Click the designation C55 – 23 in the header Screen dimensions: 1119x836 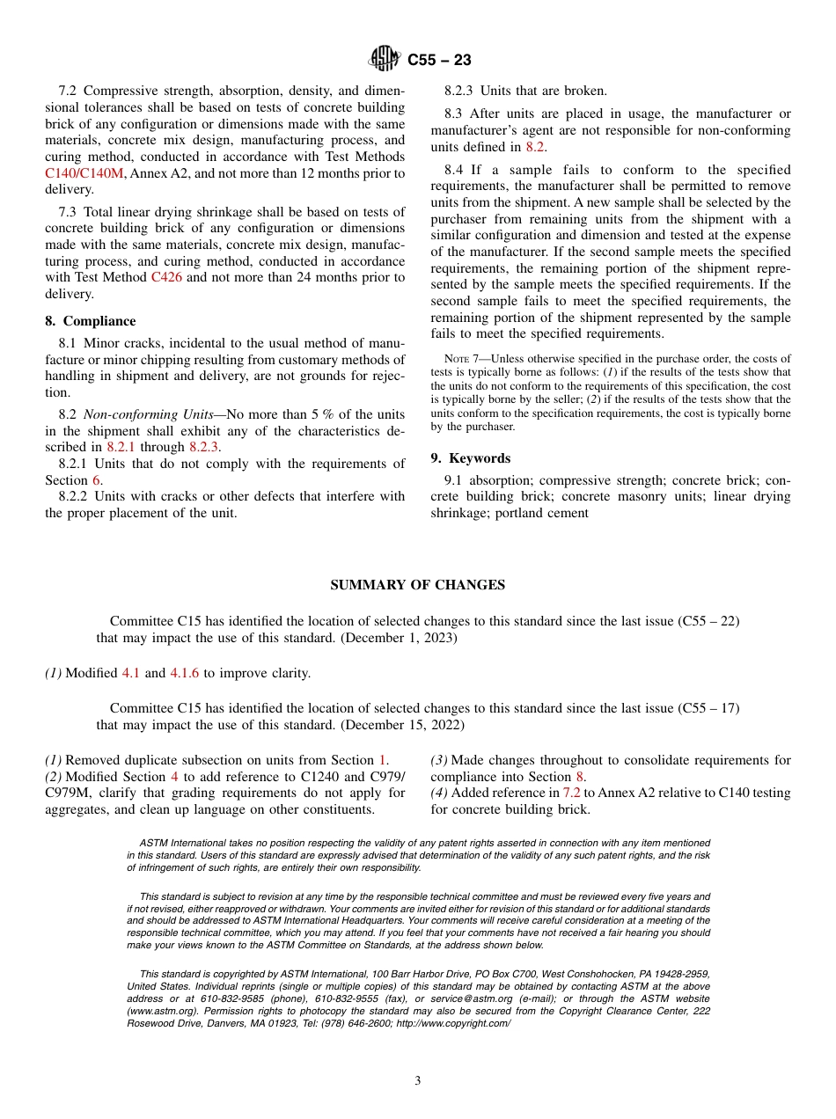pos(439,60)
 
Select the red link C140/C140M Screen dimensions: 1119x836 pos(84,173)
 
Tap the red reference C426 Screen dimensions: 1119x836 pos(165,277)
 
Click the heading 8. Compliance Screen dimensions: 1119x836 pos(91,321)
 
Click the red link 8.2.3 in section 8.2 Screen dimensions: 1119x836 pos(204,447)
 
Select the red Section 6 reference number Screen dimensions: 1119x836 pos(97,479)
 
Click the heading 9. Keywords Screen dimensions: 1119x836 pos(471,458)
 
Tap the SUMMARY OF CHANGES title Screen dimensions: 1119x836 pos(417,585)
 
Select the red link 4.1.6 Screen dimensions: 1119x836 pos(185,673)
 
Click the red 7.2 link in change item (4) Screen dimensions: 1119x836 pos(571,793)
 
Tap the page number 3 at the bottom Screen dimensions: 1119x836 pos(418,1080)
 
